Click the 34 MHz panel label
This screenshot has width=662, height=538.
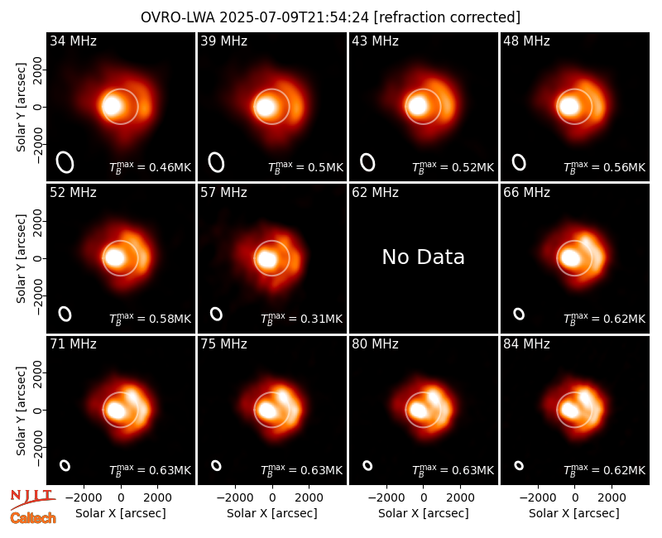coord(73,41)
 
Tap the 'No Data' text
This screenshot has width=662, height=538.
coord(423,257)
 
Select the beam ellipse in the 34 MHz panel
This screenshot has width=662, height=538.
coord(65,162)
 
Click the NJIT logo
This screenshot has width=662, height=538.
coord(32,498)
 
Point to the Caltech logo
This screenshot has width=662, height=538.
coord(33,518)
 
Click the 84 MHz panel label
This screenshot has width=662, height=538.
coord(526,344)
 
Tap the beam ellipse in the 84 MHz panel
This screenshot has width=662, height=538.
coord(519,465)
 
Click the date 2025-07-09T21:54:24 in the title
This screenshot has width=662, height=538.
coord(295,17)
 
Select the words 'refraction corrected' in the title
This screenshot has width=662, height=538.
coord(447,17)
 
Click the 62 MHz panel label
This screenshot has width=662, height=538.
coord(376,193)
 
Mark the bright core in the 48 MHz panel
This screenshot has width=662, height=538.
coord(569,106)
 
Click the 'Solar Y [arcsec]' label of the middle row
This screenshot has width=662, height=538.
coord(21,258)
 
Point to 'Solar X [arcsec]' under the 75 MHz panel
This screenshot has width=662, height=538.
coord(272,513)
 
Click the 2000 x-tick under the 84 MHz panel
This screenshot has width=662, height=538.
coord(612,497)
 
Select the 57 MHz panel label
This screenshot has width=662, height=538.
coord(223,193)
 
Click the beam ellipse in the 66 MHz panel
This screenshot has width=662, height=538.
coord(519,314)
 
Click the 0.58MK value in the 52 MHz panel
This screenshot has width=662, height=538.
coord(170,319)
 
